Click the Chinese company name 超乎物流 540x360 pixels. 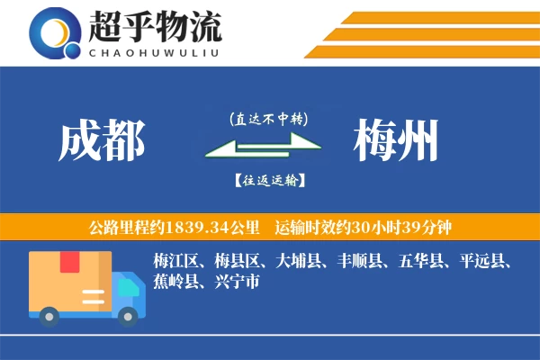(x=155, y=27)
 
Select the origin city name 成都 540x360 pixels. (x=102, y=141)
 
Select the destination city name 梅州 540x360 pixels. (x=397, y=141)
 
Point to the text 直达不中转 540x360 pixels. (x=269, y=118)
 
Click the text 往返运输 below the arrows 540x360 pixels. (x=269, y=180)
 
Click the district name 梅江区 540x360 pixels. (x=176, y=262)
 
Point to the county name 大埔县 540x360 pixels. (x=299, y=262)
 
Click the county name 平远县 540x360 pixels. (x=482, y=262)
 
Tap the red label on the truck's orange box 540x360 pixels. (x=69, y=263)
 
